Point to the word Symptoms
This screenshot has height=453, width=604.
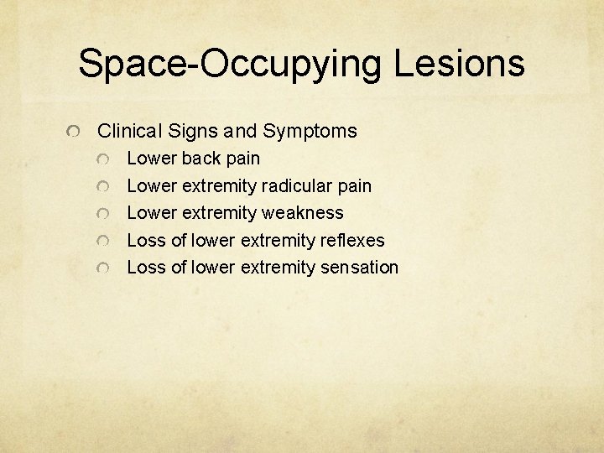(x=310, y=131)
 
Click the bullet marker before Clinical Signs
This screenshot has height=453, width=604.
(x=74, y=133)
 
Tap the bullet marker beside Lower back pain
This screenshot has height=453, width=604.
(x=102, y=159)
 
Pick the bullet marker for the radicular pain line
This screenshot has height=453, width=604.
(x=102, y=187)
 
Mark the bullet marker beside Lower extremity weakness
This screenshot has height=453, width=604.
(x=102, y=214)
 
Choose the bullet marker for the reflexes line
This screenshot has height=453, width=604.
(x=102, y=242)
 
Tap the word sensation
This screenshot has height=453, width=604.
(x=359, y=268)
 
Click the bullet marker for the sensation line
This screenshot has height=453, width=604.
(x=102, y=268)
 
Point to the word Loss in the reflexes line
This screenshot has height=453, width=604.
(x=145, y=241)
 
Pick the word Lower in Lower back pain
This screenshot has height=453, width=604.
(x=151, y=159)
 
